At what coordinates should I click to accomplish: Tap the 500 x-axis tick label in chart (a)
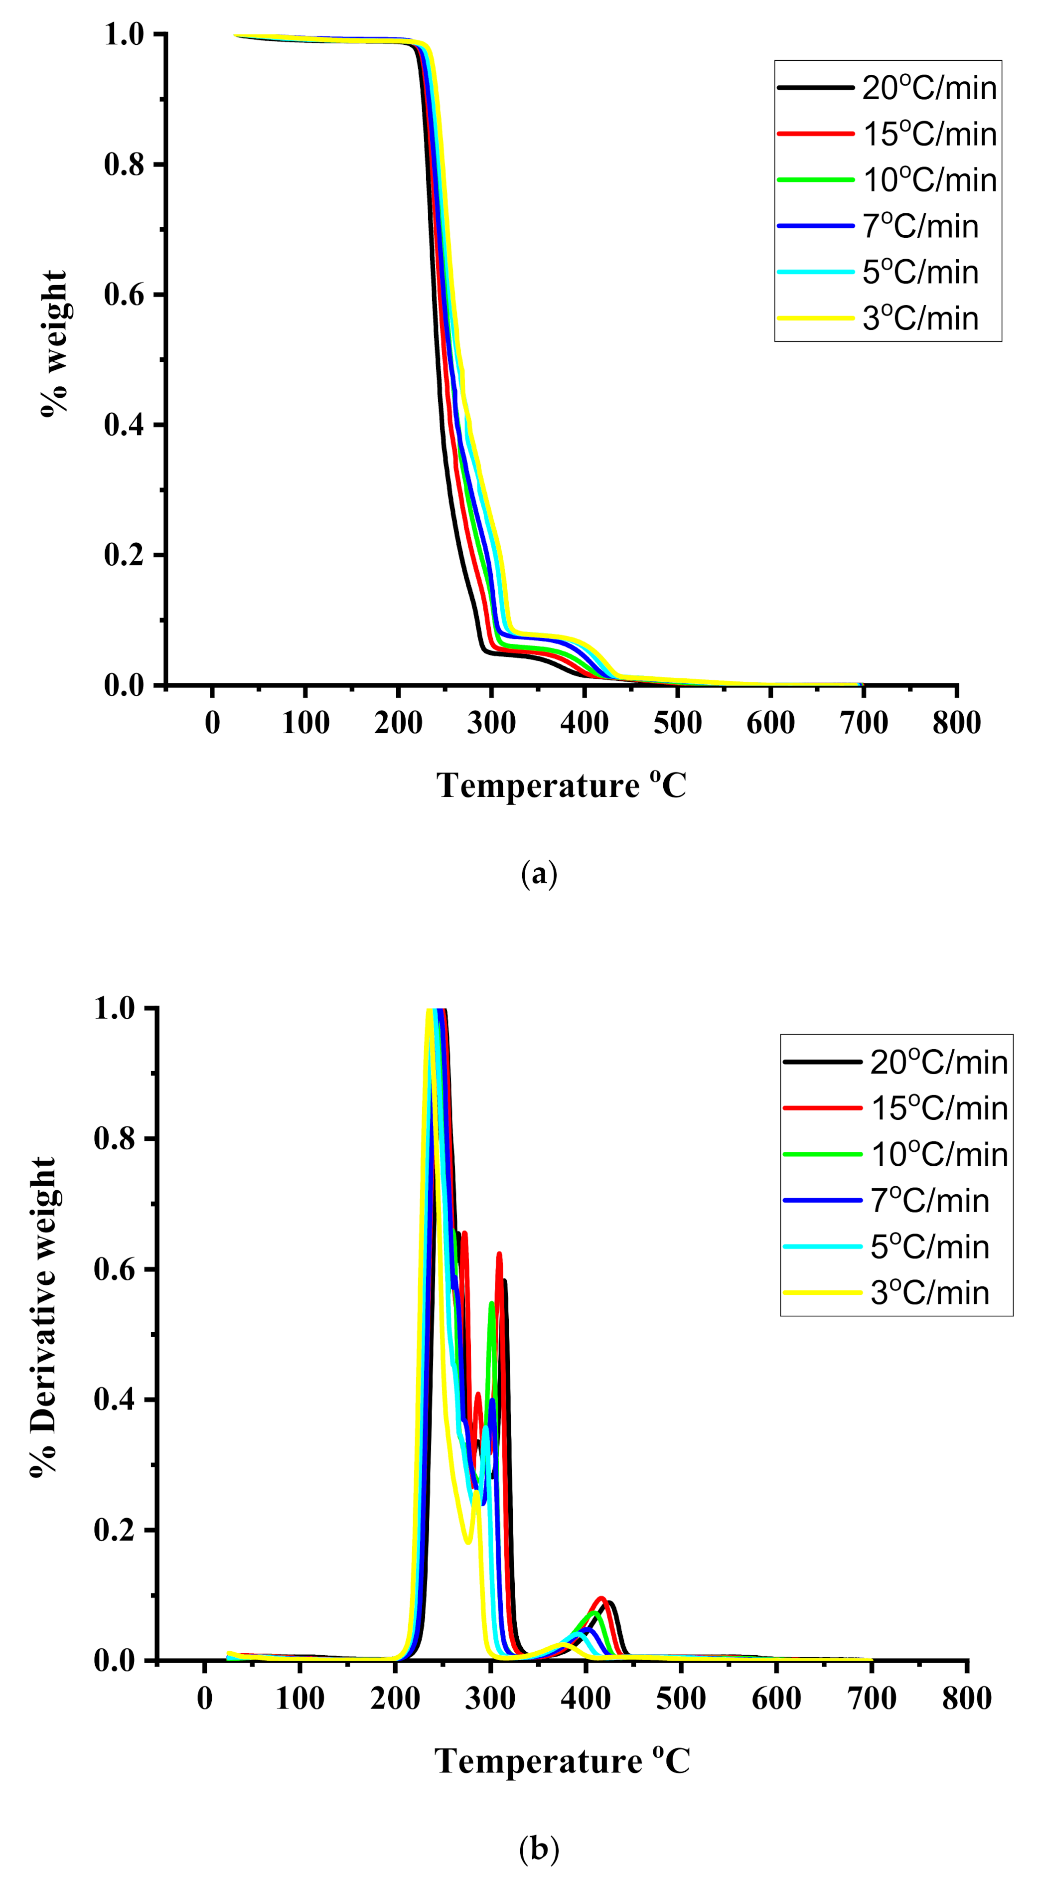coord(678,723)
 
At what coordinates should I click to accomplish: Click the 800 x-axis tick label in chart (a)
coord(956,723)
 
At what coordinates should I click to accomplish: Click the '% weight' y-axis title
coord(54,343)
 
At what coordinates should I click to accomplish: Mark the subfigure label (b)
coord(540,1849)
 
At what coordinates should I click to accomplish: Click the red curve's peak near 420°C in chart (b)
coord(601,1598)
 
